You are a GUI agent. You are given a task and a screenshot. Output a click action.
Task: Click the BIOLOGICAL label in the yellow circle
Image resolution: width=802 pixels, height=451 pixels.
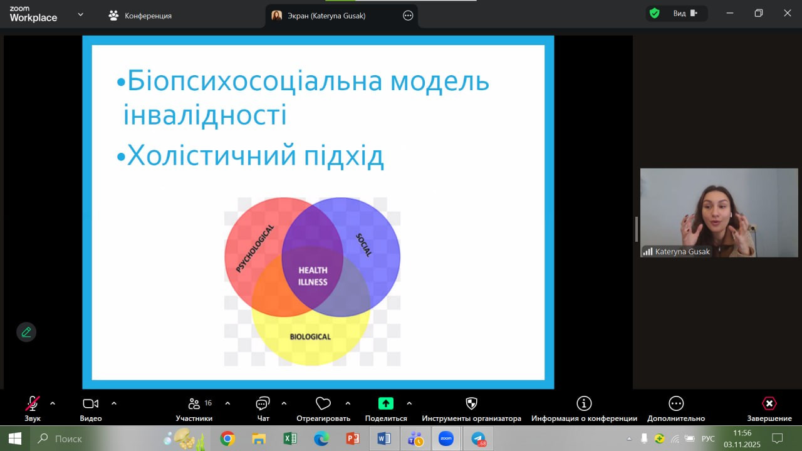point(310,336)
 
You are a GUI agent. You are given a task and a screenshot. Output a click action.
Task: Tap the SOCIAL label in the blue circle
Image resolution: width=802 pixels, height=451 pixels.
point(364,245)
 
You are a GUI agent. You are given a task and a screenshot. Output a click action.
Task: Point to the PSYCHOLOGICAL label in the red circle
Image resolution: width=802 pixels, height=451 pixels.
point(255,249)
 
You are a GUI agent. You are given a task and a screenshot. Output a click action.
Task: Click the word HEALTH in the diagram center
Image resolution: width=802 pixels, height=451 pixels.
point(313,270)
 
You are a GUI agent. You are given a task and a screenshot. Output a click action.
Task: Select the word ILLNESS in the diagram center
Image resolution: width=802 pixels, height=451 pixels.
point(313,282)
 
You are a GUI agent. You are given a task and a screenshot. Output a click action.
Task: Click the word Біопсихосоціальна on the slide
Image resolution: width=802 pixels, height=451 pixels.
point(255,81)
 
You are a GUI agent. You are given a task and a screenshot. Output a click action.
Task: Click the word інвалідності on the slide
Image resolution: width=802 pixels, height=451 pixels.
point(205,115)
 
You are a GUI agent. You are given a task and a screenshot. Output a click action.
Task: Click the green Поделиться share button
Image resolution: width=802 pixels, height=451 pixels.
point(385,403)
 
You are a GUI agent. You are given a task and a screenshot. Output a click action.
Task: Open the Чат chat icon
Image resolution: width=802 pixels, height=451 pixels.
point(263,403)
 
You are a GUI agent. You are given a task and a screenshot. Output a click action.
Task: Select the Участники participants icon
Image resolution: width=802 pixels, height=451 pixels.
point(194,403)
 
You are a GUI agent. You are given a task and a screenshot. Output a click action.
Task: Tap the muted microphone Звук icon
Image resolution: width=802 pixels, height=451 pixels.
point(32,403)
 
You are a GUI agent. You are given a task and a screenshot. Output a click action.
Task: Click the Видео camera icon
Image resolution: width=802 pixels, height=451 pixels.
point(91,403)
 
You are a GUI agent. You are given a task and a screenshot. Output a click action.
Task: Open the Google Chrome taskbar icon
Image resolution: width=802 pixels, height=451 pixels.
point(227,438)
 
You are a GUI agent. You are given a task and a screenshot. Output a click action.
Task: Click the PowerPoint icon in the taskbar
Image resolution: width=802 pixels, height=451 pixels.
point(353,438)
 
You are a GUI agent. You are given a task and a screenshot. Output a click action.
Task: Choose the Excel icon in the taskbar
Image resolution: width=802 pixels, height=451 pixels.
point(289,438)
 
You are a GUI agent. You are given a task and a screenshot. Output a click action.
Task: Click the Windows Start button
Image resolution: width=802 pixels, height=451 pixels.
point(14,438)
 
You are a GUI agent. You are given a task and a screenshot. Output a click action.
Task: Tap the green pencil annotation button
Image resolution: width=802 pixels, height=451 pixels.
point(26,332)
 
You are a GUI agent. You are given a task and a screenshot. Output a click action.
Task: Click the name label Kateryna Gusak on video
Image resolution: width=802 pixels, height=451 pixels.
point(682,252)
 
